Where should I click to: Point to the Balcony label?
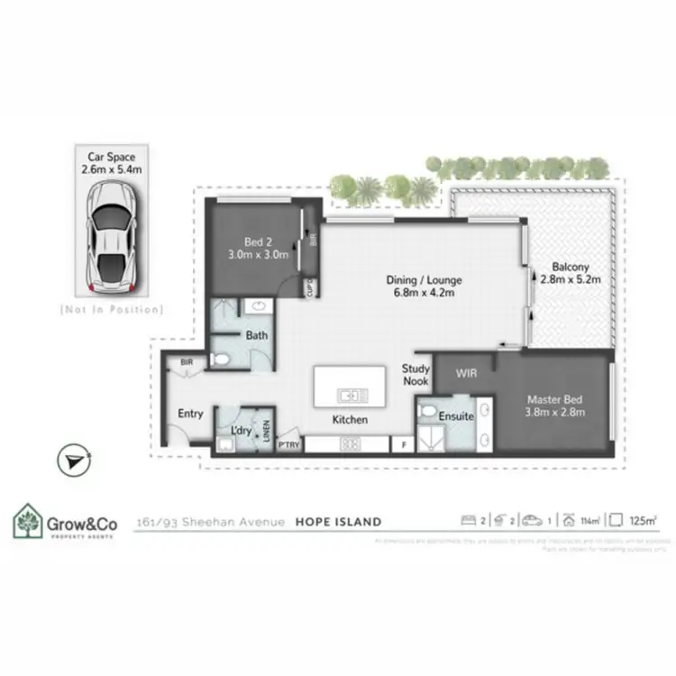tap(571, 273)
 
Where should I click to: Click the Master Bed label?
tap(556, 407)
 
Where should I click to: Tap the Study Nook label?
tap(416, 374)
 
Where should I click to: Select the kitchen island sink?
tap(350, 395)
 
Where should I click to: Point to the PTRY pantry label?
tap(288, 443)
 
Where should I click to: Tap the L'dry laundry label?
tap(241, 431)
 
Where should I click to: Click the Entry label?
tap(190, 414)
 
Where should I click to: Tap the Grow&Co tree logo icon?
tap(25, 522)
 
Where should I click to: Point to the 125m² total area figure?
tap(644, 520)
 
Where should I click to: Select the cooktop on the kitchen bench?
tap(350, 443)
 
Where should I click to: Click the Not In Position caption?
tap(112, 309)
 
